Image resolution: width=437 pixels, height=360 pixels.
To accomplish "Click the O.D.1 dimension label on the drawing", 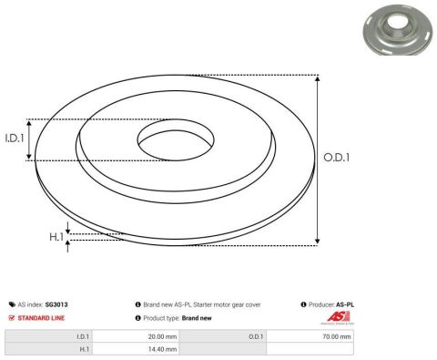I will [x=338, y=158].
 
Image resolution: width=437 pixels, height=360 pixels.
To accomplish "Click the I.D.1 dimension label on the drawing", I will [x=14, y=139].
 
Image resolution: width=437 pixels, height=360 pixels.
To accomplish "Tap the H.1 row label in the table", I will [x=83, y=348].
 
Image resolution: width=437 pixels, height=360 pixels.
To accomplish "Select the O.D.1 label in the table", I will [x=256, y=336].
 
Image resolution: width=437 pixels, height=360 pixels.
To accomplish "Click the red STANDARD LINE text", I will [x=42, y=317].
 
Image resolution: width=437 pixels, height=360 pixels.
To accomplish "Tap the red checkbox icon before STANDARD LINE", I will [x=11, y=317].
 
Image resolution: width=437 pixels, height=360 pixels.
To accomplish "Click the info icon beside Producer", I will [x=302, y=304].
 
